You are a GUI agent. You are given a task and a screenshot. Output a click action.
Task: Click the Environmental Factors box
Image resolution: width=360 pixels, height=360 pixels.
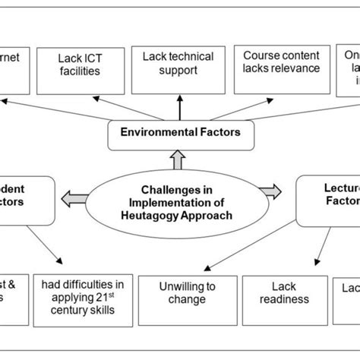point(180,132)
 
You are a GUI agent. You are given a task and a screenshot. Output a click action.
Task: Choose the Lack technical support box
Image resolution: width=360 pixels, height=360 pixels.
point(180,64)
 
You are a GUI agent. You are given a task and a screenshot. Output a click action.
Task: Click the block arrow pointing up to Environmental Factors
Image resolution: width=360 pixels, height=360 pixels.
point(180,158)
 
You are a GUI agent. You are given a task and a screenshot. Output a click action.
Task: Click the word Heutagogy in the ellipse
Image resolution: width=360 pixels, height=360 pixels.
point(164,215)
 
